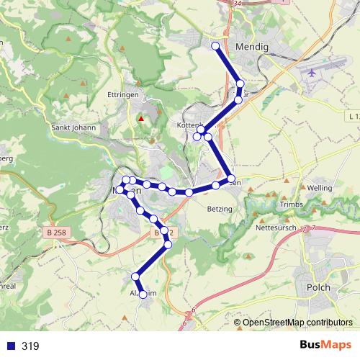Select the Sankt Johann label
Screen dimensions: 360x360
click(73, 127)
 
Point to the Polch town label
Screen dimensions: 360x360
click(318, 287)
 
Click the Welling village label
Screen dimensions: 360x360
click(319, 188)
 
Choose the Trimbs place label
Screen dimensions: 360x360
click(292, 204)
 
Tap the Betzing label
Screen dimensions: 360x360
click(219, 209)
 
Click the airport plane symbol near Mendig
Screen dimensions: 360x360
click(311, 73)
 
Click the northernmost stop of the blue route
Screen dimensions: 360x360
click(215, 46)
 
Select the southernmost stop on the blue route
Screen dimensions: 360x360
click(143, 294)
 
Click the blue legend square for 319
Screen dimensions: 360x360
click(9, 346)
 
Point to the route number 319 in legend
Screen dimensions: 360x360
click(30, 346)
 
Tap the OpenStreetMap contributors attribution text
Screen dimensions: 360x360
click(297, 323)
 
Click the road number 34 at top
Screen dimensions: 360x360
click(238, 3)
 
